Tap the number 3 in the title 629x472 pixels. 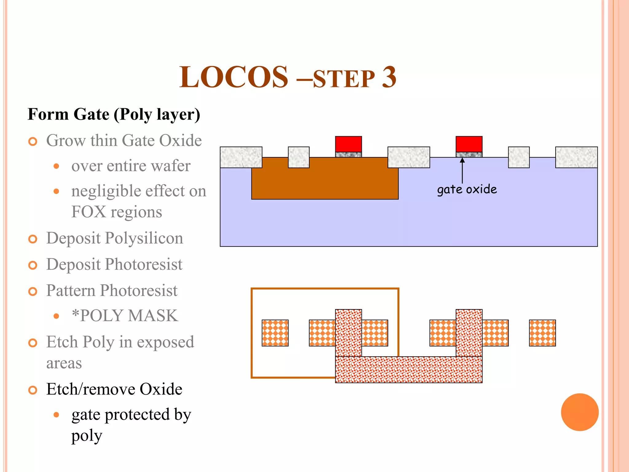[x=389, y=77]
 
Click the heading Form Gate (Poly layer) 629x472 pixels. [x=114, y=114]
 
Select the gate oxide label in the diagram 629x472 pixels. [x=467, y=189]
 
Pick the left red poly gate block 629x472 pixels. [x=348, y=144]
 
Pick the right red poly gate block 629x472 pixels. [x=469, y=144]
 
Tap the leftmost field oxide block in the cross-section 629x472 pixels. [x=241, y=157]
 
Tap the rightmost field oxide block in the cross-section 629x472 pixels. [x=576, y=157]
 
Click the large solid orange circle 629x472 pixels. [x=580, y=412]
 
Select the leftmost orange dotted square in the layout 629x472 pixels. [x=275, y=333]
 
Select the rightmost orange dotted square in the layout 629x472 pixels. [x=542, y=333]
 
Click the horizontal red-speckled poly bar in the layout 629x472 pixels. [x=408, y=370]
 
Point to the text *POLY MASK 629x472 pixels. [x=125, y=316]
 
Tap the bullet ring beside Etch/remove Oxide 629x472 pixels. [x=33, y=390]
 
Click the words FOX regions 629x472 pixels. [x=117, y=212]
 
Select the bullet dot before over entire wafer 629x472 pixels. [x=56, y=166]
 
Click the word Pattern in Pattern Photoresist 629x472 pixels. [x=71, y=290]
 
